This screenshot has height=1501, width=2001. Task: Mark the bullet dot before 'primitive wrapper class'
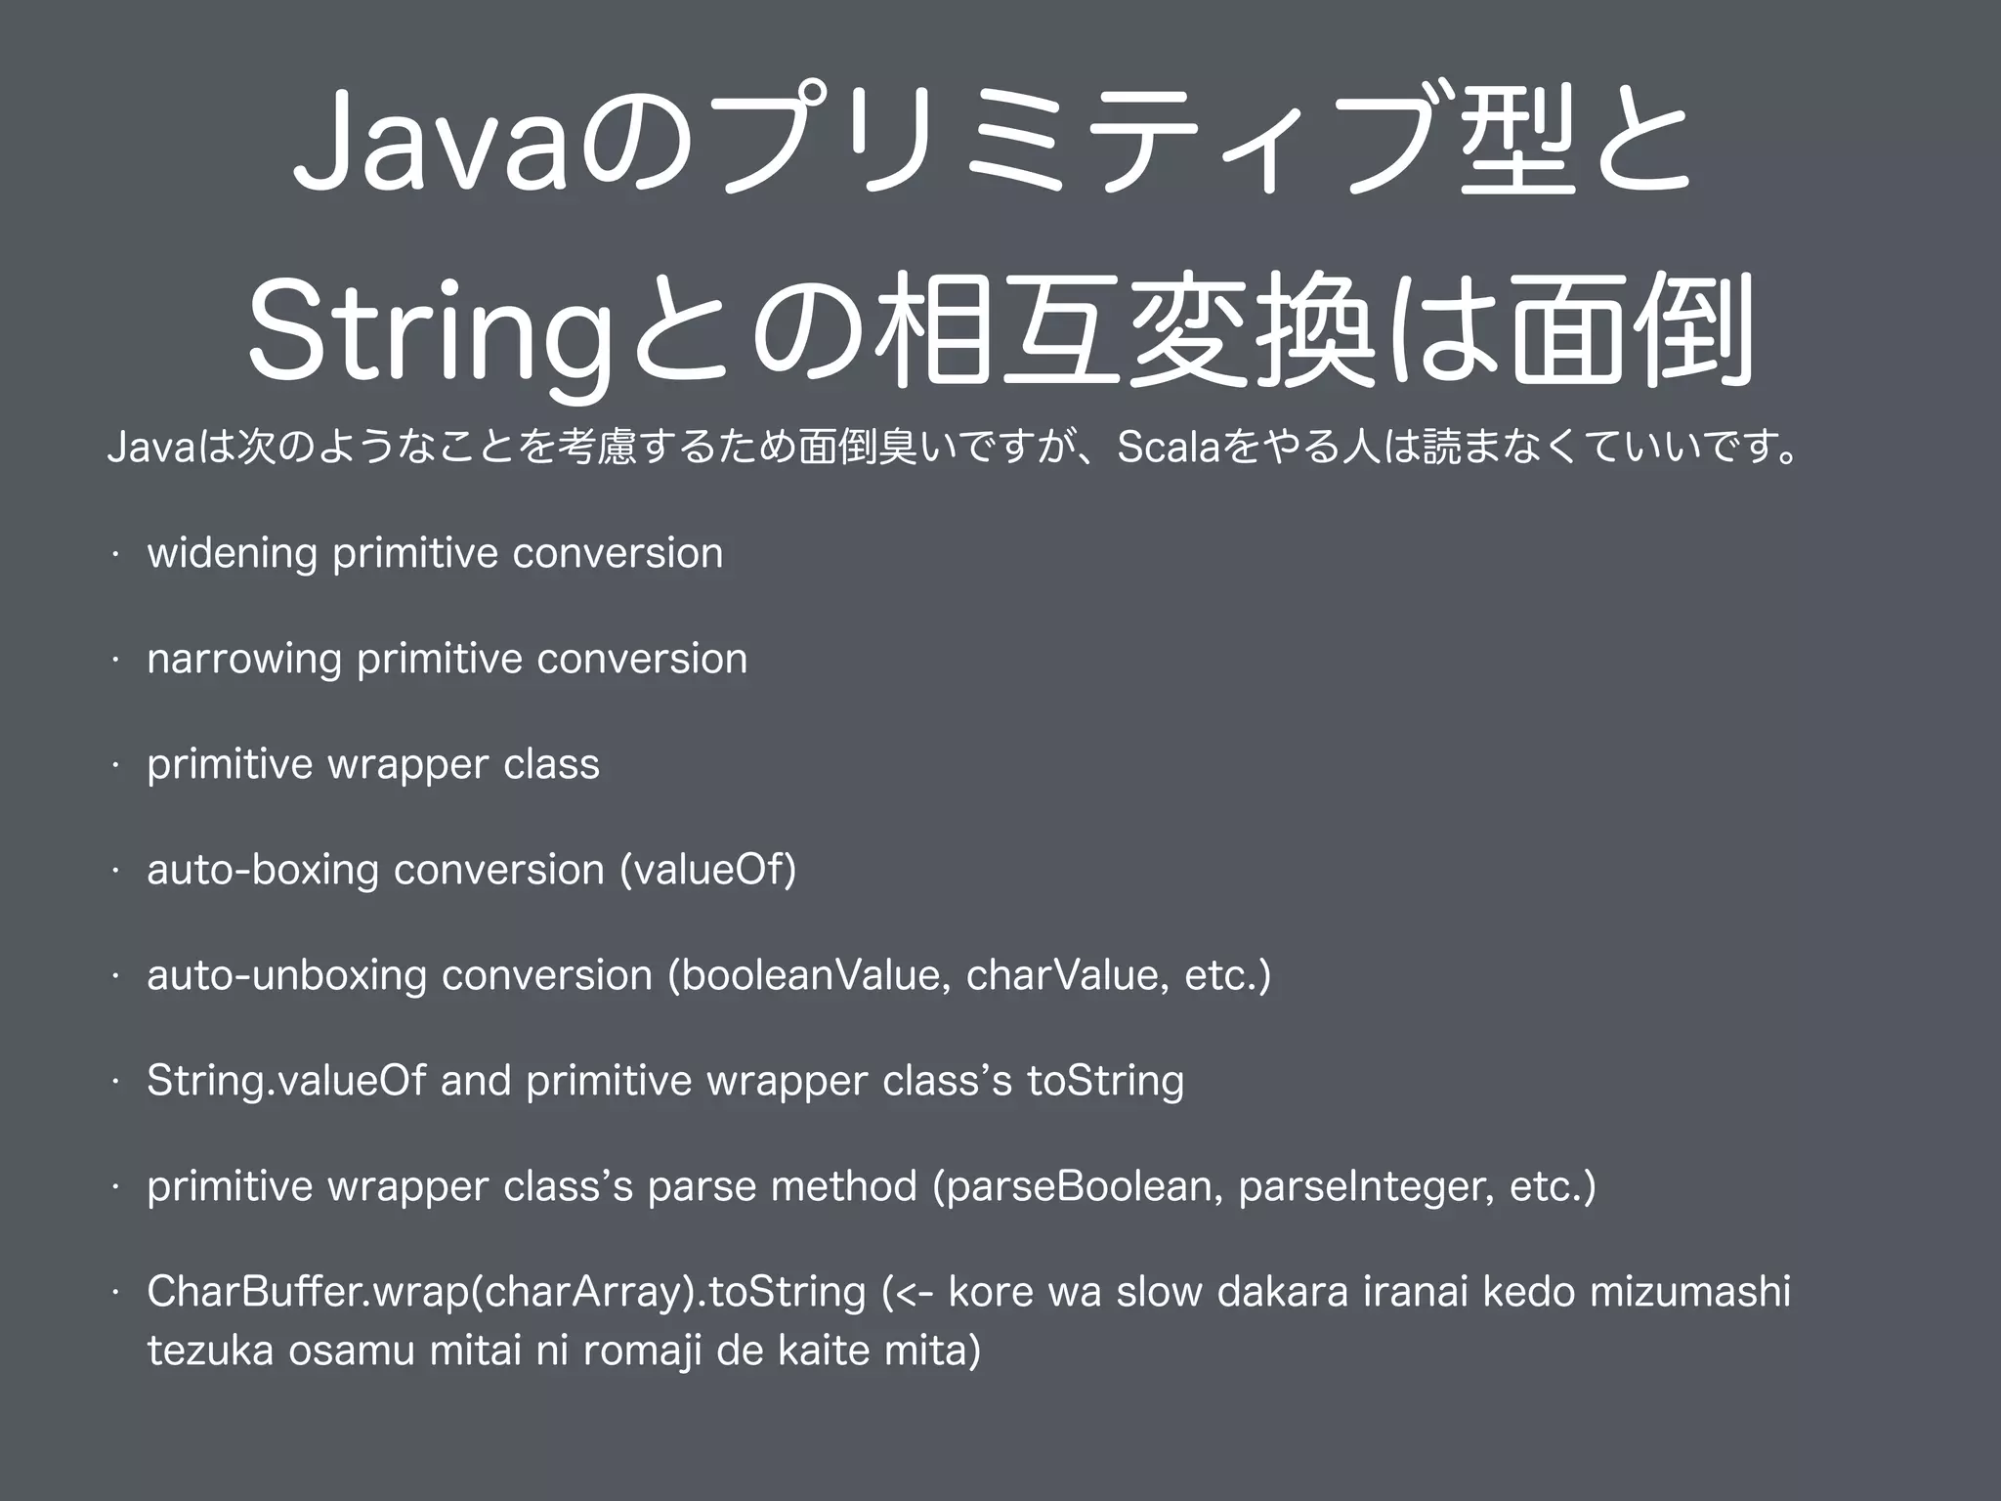(115, 765)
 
